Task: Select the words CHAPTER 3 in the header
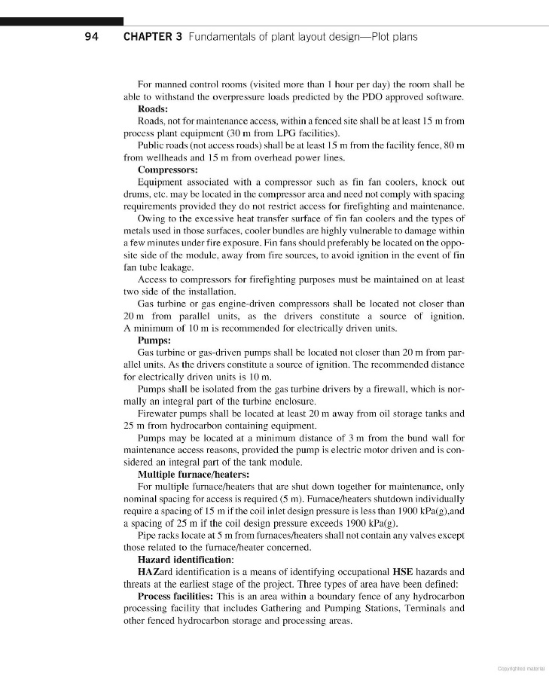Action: pos(152,36)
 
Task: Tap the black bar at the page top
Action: pos(62,22)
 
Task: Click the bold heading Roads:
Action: pos(154,108)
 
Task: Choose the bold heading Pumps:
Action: pos(155,341)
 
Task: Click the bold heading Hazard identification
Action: pos(185,560)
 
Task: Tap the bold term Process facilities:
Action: pos(177,596)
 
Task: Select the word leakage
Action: pos(178,267)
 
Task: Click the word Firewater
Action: pos(158,414)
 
